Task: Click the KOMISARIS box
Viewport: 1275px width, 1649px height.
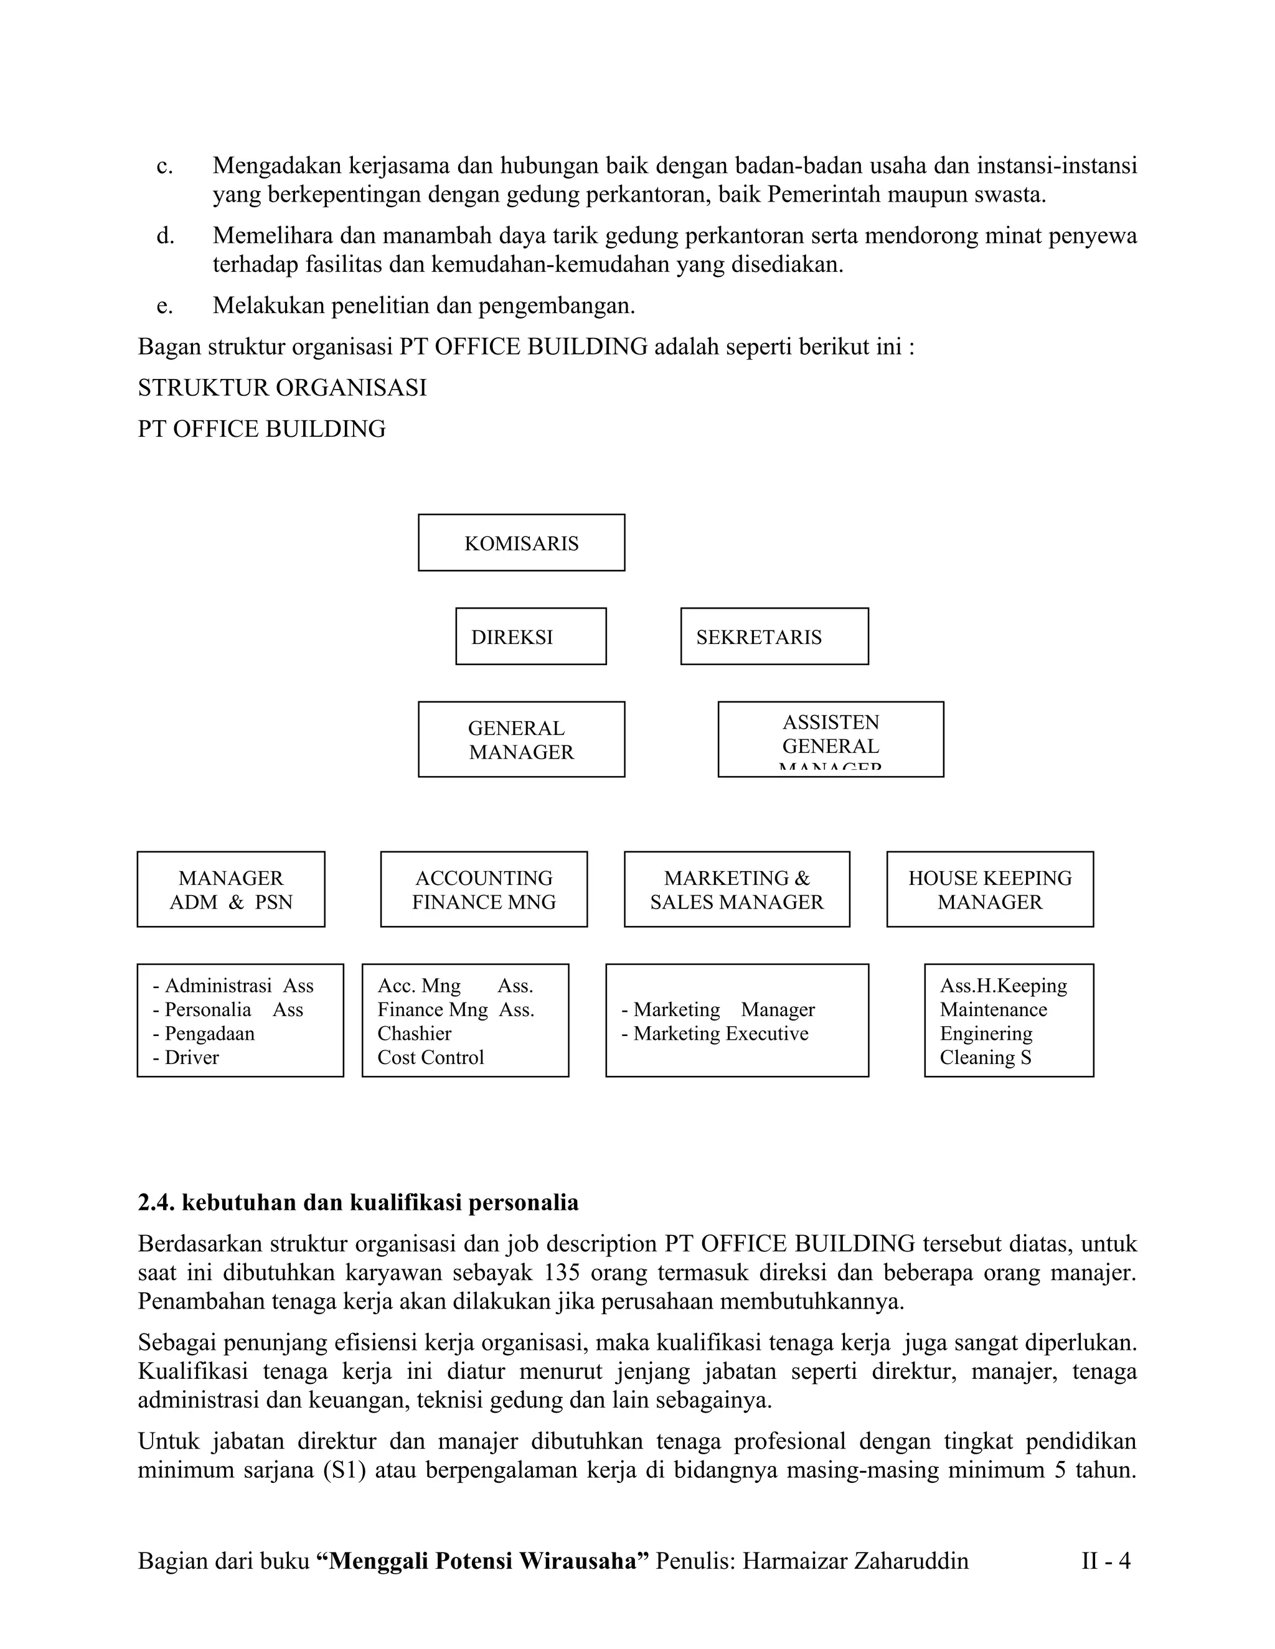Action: (x=521, y=543)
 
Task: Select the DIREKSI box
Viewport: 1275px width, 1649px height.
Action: (x=530, y=637)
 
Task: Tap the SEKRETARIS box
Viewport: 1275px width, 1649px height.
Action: (x=774, y=637)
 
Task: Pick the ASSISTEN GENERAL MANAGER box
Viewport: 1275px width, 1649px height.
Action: (x=830, y=739)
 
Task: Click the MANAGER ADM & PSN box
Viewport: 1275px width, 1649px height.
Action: (x=230, y=889)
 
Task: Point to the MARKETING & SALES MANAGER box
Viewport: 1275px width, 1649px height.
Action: (x=736, y=889)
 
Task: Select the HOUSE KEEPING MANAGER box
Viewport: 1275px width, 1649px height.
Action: (x=989, y=889)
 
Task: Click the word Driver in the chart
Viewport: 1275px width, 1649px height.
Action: (x=192, y=1057)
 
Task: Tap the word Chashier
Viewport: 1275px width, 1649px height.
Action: (x=414, y=1033)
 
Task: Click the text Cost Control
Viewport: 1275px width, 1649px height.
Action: (x=431, y=1057)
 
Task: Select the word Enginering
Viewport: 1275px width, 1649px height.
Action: (x=986, y=1033)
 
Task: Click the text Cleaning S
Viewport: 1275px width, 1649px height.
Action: (x=985, y=1057)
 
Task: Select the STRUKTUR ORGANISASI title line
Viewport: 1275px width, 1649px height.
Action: (x=282, y=387)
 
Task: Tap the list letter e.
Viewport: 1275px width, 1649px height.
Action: (x=164, y=306)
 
